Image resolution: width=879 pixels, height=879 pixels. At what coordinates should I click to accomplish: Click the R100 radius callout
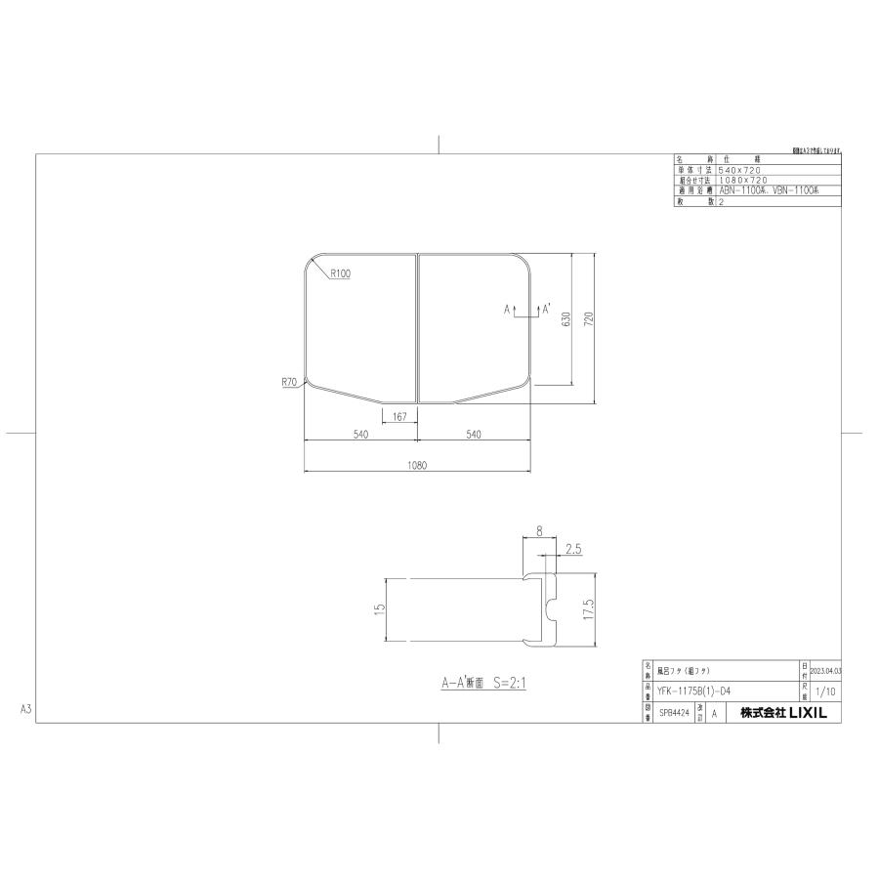pos(341,274)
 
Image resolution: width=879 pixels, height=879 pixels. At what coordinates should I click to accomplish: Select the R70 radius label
pos(288,384)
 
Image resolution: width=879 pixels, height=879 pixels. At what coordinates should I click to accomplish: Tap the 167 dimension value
pos(399,417)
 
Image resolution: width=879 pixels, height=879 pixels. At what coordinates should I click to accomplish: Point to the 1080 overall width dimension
pos(418,466)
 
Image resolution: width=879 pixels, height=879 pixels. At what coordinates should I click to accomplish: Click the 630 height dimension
pos(565,320)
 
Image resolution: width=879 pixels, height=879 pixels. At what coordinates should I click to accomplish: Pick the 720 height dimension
pos(589,320)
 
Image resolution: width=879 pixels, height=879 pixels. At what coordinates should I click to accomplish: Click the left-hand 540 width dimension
pos(360,435)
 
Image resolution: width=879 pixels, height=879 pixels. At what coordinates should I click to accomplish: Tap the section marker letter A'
pos(546,309)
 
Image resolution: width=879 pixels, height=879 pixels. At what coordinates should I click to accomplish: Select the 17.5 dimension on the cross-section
pos(588,611)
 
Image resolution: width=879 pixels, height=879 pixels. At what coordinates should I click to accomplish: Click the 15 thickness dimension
pos(378,608)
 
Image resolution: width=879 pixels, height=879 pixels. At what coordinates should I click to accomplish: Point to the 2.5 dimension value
pos(573,550)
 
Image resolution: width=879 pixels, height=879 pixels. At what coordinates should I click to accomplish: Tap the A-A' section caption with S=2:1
pos(482,684)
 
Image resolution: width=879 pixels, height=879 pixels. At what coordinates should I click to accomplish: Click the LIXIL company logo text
pos(783,714)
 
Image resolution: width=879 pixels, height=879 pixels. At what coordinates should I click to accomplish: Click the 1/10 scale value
pos(824,691)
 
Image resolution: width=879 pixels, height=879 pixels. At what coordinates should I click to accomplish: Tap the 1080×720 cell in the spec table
pos(742,180)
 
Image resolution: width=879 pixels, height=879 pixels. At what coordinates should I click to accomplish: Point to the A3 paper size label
pos(26,709)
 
